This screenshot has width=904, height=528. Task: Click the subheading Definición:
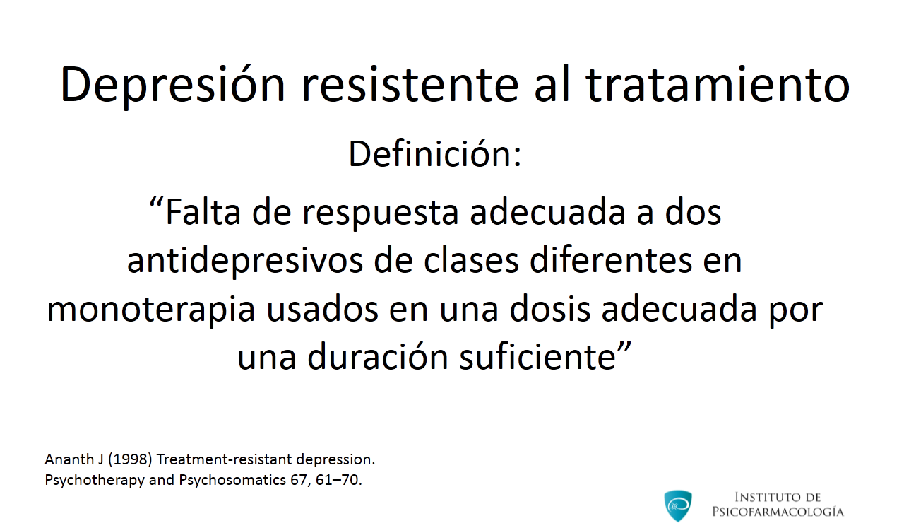pos(435,154)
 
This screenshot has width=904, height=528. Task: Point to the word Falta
pos(203,213)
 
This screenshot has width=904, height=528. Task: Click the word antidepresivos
pos(245,261)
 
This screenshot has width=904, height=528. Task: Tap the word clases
pos(471,261)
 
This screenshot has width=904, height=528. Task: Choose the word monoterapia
pos(151,310)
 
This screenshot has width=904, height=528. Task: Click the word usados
pos(323,310)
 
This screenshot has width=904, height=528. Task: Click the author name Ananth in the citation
pos(69,459)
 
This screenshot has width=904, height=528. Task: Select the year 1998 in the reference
pos(130,459)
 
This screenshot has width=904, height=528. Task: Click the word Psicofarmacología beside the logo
pos(778,512)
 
